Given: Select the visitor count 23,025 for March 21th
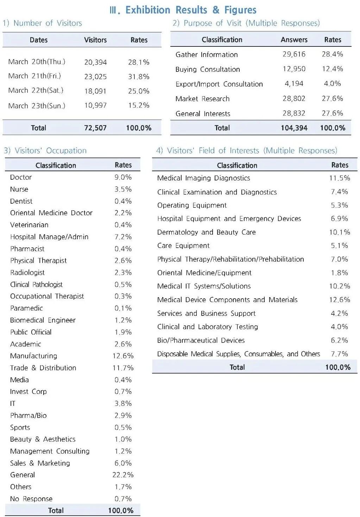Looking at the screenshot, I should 95,77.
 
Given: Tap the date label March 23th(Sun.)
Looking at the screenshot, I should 37,106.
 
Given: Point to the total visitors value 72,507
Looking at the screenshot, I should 95,128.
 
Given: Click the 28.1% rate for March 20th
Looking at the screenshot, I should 139,62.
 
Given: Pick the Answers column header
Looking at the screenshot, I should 294,40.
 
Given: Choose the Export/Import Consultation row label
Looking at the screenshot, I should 219,84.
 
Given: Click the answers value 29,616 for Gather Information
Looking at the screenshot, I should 294,54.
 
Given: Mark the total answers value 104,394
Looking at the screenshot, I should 294,128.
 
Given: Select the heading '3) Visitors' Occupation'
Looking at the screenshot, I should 45,151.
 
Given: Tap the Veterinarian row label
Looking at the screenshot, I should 29,225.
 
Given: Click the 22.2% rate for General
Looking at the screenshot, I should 123,475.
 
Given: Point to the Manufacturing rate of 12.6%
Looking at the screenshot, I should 123,356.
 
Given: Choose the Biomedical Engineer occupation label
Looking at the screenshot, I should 43,320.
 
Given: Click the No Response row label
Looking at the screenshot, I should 31,499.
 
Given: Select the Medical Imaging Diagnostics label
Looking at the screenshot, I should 203,178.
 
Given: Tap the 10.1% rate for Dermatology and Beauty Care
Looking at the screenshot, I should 339,232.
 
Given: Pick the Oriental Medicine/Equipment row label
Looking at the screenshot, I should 204,273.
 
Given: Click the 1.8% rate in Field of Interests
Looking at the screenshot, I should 339,273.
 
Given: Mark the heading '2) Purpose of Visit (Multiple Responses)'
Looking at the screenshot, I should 246,23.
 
